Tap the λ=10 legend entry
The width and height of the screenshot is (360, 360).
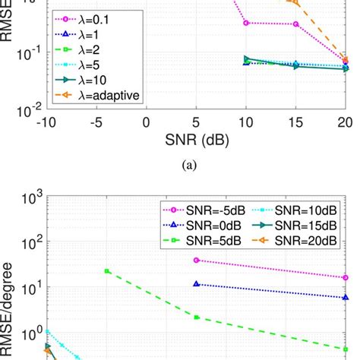point(80,79)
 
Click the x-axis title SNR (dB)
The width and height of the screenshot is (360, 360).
point(195,141)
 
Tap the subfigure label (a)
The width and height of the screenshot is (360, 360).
point(196,168)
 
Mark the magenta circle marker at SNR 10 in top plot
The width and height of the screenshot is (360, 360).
point(246,23)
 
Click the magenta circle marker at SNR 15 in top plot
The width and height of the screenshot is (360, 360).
point(295,24)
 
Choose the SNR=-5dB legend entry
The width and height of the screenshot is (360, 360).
point(199,208)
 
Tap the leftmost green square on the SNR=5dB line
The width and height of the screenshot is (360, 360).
point(107,271)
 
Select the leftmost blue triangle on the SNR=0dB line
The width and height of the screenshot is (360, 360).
point(197,283)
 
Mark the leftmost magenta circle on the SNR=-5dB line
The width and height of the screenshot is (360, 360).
point(197,260)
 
